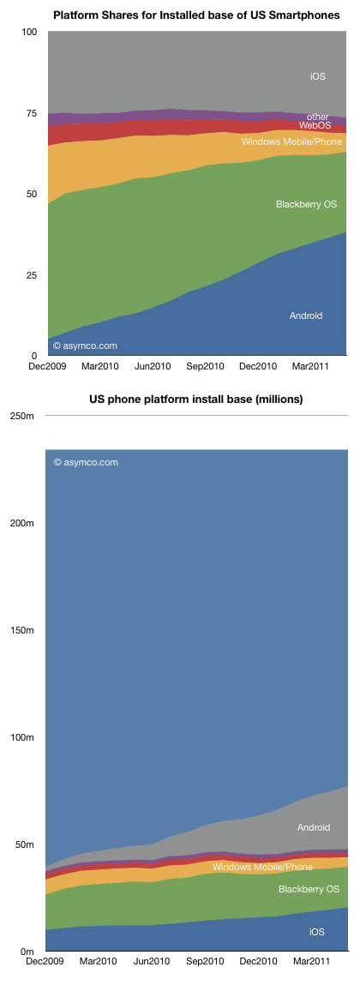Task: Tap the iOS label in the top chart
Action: pyautogui.click(x=317, y=77)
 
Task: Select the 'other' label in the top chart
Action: pyautogui.click(x=317, y=117)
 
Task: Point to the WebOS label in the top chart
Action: pyautogui.click(x=315, y=126)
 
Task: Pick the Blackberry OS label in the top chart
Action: pyautogui.click(x=307, y=204)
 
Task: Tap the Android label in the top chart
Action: pyautogui.click(x=306, y=315)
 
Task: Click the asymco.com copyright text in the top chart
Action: pyautogui.click(x=86, y=345)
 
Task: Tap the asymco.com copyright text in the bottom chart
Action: pyautogui.click(x=86, y=462)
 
